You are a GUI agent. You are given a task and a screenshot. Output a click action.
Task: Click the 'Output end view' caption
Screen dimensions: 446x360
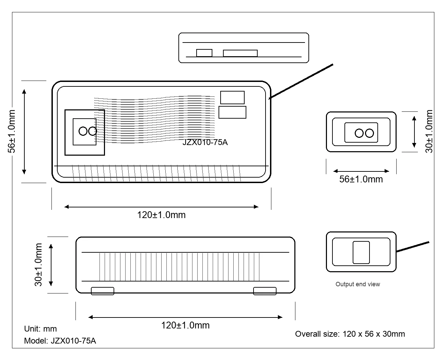coord(357,284)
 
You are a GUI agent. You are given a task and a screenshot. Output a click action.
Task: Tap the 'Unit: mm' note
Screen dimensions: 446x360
coord(40,328)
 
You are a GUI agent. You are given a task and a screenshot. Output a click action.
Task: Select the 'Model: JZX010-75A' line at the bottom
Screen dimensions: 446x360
coord(60,341)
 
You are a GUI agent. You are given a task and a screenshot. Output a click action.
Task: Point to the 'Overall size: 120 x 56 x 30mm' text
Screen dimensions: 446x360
coord(350,334)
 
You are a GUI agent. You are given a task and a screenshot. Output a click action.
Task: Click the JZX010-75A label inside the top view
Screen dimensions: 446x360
coord(205,142)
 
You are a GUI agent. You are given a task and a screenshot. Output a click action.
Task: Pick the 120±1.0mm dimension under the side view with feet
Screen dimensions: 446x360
coord(185,325)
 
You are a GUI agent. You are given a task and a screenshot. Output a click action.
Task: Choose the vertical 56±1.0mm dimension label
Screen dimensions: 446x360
coord(12,131)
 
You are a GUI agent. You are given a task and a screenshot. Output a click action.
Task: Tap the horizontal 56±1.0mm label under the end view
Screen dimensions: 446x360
coord(361,179)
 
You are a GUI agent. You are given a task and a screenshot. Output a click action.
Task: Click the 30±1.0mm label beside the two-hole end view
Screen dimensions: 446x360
coord(429,131)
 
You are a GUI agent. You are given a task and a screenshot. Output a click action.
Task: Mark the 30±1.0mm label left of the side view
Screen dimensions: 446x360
coord(38,265)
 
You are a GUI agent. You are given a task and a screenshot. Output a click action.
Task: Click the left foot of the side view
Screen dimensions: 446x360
coord(103,291)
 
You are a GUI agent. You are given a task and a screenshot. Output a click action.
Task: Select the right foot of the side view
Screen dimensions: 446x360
coord(265,291)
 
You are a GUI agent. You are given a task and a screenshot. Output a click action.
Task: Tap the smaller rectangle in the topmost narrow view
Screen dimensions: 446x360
coord(204,53)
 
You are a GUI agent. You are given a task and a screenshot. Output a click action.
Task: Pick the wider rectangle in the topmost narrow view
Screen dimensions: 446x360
coord(240,53)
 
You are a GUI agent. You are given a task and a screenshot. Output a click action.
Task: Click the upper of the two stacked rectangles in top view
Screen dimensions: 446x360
coord(232,97)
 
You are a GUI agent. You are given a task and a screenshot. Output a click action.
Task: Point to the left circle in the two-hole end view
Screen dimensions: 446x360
coord(359,133)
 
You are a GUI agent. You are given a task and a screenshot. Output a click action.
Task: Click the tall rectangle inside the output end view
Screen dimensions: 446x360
coord(361,252)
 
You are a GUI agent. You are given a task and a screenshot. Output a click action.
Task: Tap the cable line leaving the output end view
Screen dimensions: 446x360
coord(413,247)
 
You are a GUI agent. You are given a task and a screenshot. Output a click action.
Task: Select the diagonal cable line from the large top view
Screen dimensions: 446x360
coord(301,81)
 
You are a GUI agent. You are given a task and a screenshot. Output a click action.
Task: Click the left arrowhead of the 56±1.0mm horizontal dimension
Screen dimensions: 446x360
coord(336,171)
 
